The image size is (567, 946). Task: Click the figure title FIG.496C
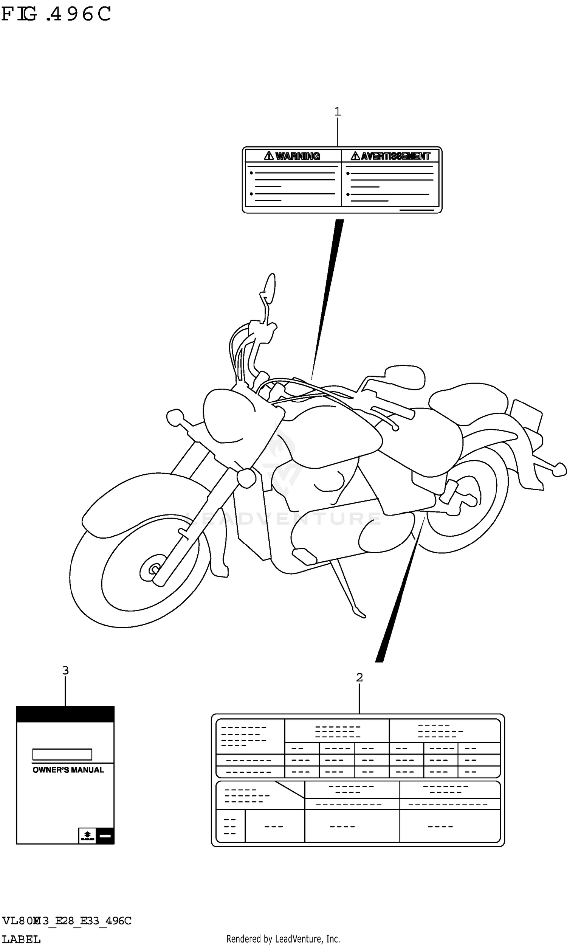pyautogui.click(x=56, y=14)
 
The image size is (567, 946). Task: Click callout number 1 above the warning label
pyautogui.click(x=338, y=112)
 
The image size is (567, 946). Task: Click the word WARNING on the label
pyautogui.click(x=297, y=156)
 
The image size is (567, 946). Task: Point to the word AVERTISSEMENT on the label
pyautogui.click(x=395, y=156)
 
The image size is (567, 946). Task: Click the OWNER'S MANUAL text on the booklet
pyautogui.click(x=68, y=770)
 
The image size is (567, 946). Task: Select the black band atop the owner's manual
pyautogui.click(x=65, y=715)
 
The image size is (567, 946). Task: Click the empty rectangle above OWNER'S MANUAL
pyautogui.click(x=62, y=755)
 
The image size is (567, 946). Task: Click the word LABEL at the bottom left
pyautogui.click(x=22, y=940)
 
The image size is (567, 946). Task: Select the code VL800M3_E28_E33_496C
pyautogui.click(x=67, y=921)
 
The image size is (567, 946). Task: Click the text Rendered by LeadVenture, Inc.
pyautogui.click(x=283, y=939)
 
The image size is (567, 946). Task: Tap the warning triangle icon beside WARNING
pyautogui.click(x=269, y=155)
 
